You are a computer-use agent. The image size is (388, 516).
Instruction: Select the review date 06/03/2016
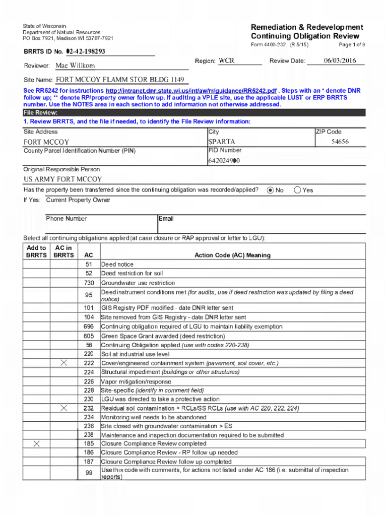coord(340,61)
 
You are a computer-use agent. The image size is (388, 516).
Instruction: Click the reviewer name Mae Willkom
coord(75,66)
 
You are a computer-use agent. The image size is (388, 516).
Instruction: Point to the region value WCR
coord(226,61)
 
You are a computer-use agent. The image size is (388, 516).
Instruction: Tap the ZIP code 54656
coord(340,142)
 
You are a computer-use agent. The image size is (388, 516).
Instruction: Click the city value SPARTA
coord(222,142)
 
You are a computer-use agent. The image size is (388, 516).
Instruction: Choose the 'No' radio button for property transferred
coord(271,190)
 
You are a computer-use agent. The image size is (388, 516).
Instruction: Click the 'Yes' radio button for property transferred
coord(297,190)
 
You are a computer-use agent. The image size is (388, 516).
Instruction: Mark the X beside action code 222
coord(63,363)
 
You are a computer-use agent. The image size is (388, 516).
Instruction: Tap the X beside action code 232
coord(63,408)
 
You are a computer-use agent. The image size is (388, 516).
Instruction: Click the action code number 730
coord(89,283)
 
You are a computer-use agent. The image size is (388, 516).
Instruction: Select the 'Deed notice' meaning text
coord(117,264)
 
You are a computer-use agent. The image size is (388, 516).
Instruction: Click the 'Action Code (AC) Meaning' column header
coord(232,255)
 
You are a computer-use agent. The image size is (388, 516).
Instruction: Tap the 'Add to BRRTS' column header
coord(36,251)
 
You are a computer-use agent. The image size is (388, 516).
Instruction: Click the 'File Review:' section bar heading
coord(41,113)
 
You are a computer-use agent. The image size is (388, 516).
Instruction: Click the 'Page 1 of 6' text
coord(349,45)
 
